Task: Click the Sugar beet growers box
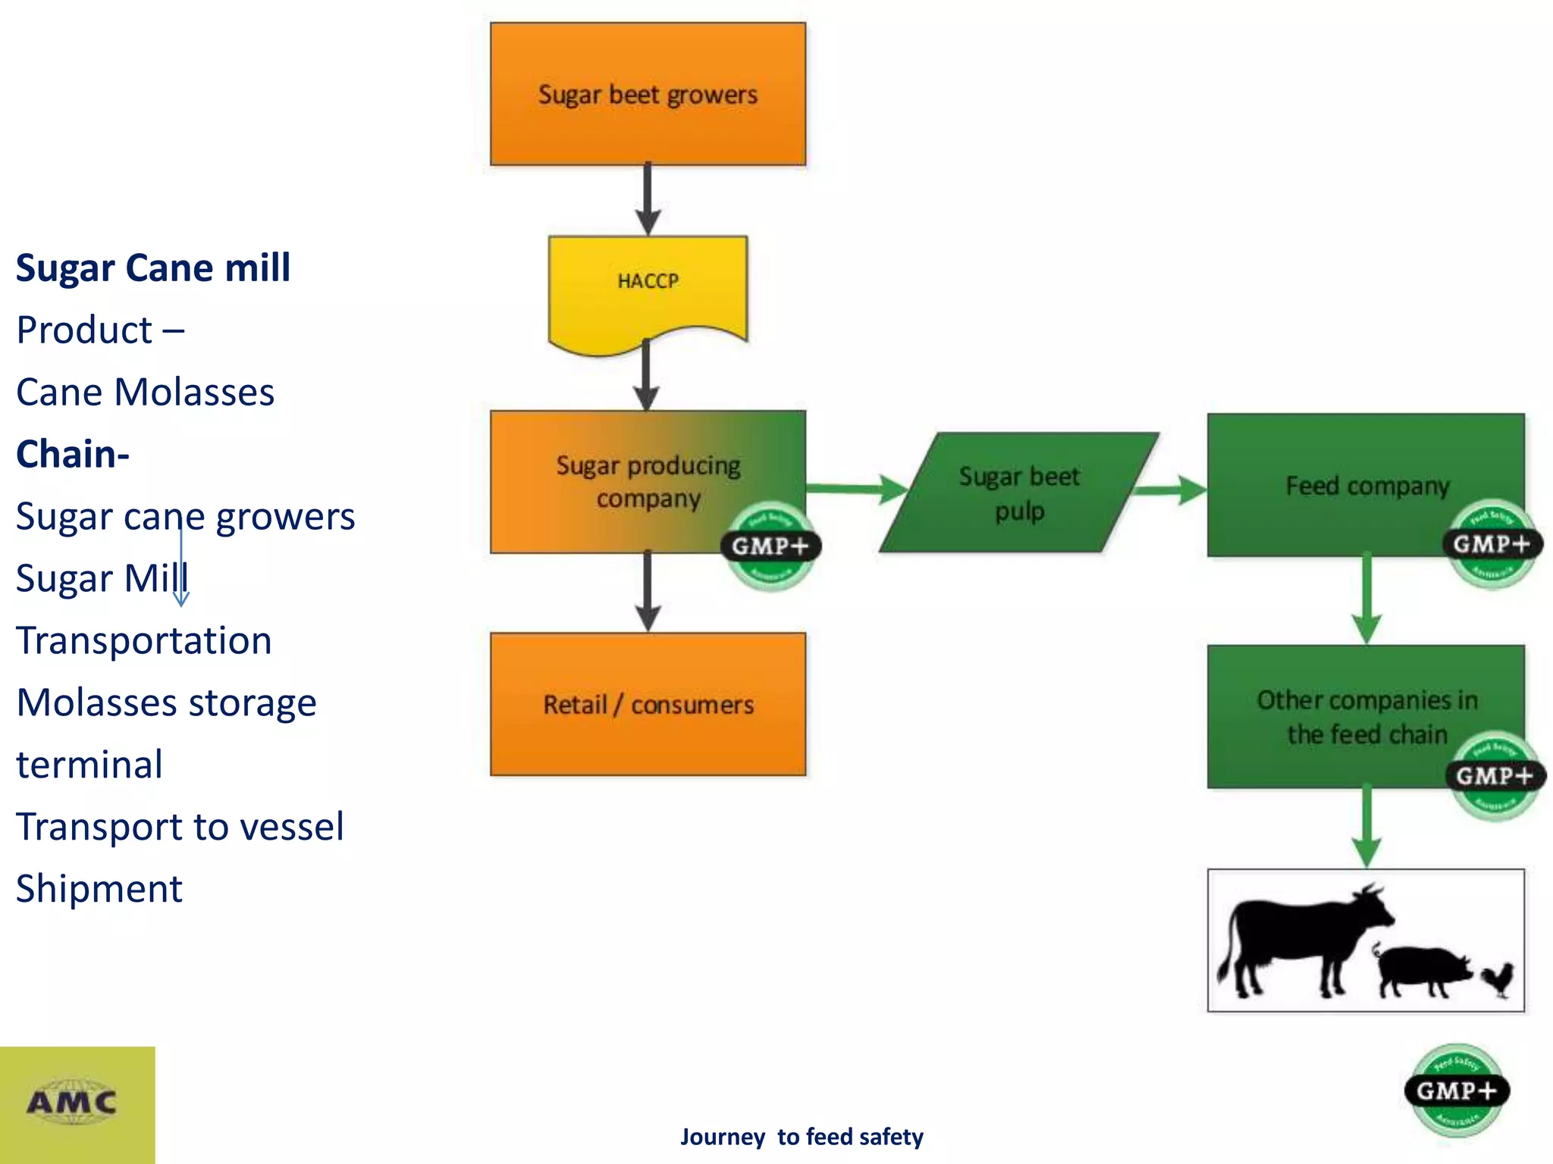(648, 94)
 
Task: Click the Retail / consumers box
(648, 704)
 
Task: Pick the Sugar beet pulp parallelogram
(1018, 493)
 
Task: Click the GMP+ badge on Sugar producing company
(770, 546)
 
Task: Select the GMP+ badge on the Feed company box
(1492, 544)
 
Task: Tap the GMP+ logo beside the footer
(1456, 1091)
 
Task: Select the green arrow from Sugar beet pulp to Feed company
(1172, 490)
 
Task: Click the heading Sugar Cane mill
(153, 268)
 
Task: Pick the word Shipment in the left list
(99, 888)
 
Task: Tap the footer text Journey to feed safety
(802, 1137)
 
